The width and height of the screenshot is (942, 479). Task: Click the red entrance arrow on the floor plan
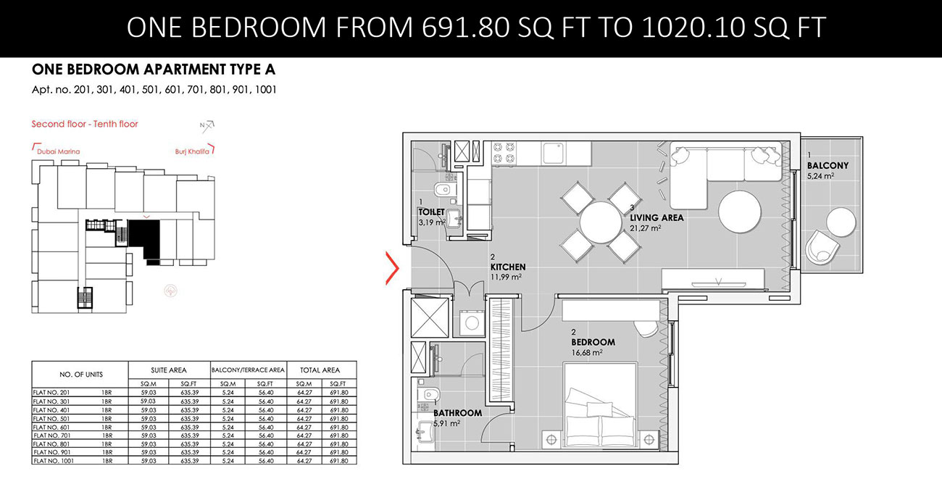(392, 268)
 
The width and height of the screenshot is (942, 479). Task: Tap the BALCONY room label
(828, 165)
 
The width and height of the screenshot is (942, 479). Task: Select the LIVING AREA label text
(656, 217)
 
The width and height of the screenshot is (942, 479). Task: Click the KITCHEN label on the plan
(507, 267)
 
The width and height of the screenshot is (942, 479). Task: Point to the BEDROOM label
(592, 342)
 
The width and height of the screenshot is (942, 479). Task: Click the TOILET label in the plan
(430, 212)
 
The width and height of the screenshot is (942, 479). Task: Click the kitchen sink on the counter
(555, 153)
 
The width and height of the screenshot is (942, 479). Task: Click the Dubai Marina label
(58, 151)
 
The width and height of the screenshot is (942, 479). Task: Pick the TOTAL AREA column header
(322, 370)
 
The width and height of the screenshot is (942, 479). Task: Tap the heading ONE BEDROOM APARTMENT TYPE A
(154, 70)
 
